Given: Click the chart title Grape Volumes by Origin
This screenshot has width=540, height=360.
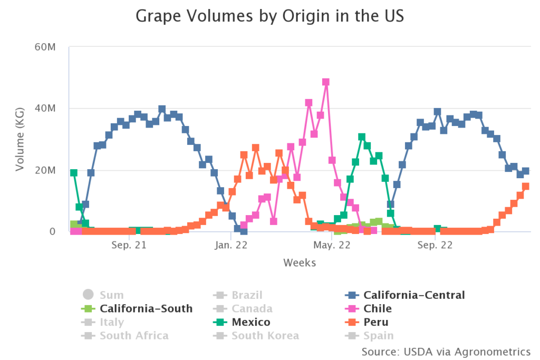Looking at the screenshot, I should click(x=270, y=16).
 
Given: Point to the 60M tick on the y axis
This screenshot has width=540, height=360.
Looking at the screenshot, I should click(x=46, y=47).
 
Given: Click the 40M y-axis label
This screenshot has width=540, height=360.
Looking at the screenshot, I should click(x=46, y=109).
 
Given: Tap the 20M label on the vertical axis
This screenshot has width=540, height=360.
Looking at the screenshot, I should click(x=46, y=170).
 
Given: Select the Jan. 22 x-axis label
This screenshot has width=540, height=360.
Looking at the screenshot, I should click(x=231, y=245).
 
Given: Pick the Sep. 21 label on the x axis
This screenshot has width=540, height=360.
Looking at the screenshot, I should click(x=129, y=245).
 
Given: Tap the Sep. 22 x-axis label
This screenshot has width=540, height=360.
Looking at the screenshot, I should click(x=435, y=245).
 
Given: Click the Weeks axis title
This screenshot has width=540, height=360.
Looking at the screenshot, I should click(x=300, y=262).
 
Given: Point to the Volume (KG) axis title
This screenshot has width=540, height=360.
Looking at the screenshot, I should click(x=20, y=139).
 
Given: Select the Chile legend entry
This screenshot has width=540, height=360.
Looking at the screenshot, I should click(x=378, y=309).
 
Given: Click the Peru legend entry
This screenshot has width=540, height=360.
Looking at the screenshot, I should click(x=377, y=322).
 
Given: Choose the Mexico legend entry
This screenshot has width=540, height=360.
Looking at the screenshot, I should click(x=252, y=322).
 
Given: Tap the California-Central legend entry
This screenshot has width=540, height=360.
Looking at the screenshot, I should click(x=414, y=295).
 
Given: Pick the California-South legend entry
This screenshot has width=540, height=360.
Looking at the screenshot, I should click(x=146, y=309).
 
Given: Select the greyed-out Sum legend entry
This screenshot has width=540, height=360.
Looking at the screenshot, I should click(x=112, y=295).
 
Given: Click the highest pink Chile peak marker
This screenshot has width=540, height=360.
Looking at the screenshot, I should click(x=326, y=82).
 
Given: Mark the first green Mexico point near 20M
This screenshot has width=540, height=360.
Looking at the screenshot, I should click(x=74, y=173).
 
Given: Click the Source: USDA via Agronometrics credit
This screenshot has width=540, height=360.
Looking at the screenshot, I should click(x=446, y=352).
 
